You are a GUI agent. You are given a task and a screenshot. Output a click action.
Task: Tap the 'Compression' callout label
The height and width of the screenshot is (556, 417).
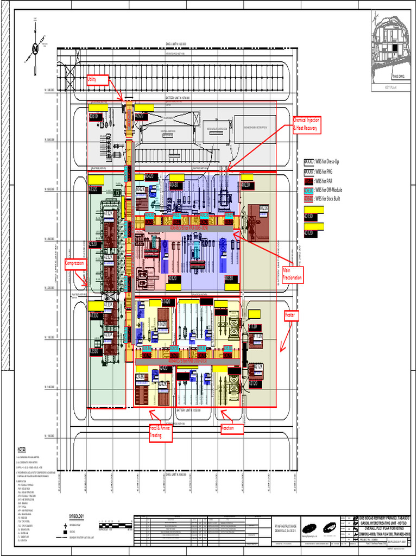(x=75, y=263)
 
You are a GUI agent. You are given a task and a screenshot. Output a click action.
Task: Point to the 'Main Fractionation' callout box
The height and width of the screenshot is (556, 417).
(x=292, y=274)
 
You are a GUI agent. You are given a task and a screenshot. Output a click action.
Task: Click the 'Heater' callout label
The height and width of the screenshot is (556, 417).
(x=292, y=314)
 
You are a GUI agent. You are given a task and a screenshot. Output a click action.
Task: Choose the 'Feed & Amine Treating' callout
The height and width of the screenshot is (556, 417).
(x=160, y=432)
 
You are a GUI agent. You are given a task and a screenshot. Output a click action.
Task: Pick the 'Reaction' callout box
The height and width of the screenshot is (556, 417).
(x=232, y=429)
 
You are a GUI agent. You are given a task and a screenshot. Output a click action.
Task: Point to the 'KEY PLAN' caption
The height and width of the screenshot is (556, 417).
(x=391, y=87)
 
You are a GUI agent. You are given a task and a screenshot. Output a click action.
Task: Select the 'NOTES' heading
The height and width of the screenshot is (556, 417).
(x=22, y=449)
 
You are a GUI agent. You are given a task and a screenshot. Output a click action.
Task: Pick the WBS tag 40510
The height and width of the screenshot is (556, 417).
(x=94, y=116)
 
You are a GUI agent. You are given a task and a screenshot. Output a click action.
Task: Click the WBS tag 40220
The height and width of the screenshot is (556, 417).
(x=246, y=185)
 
